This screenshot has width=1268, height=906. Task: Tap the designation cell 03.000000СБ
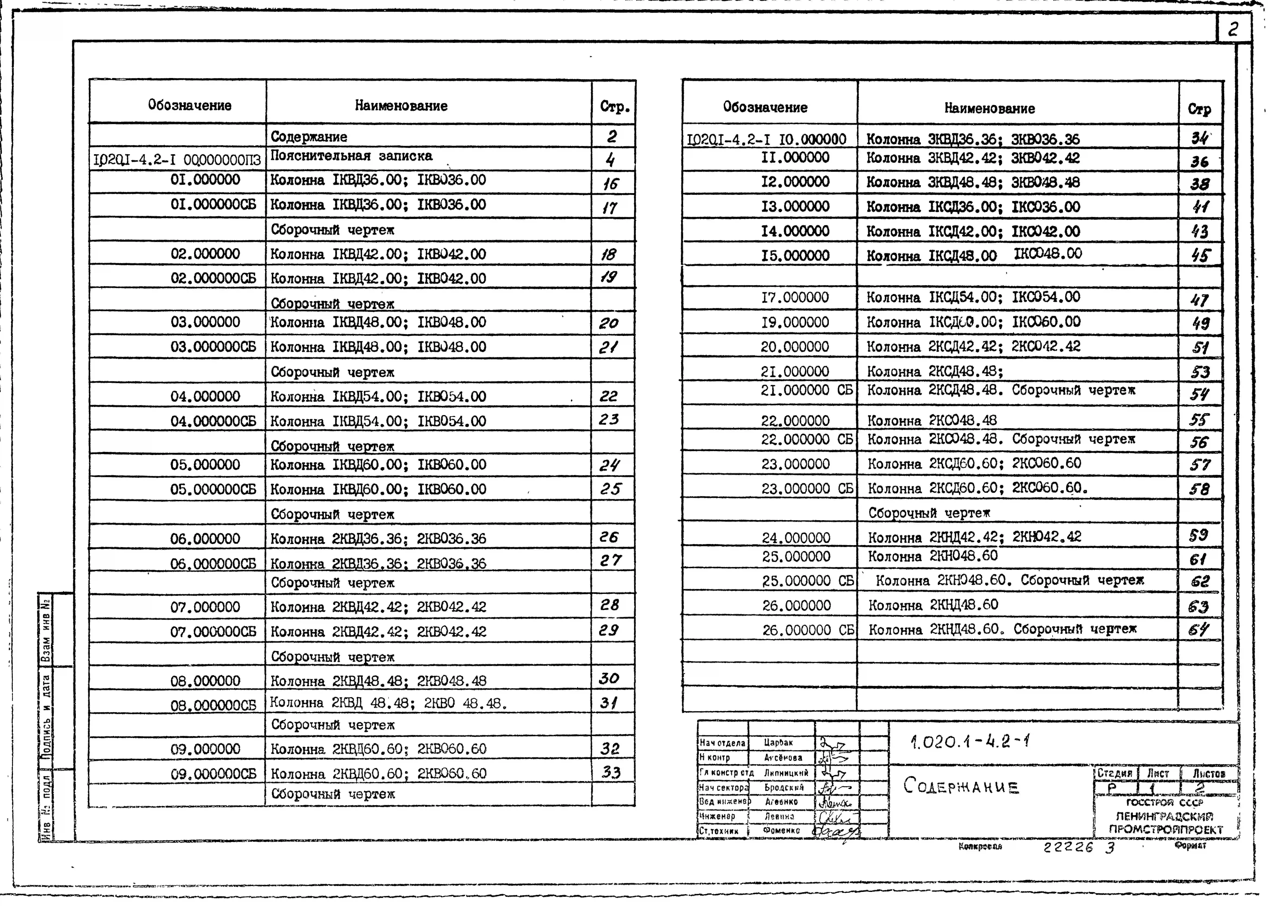(x=213, y=347)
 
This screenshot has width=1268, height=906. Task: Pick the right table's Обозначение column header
(x=765, y=107)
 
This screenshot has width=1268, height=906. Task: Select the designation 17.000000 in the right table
(x=795, y=297)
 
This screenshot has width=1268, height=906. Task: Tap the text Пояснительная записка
(x=351, y=156)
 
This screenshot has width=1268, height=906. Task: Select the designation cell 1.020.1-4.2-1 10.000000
(x=767, y=140)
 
